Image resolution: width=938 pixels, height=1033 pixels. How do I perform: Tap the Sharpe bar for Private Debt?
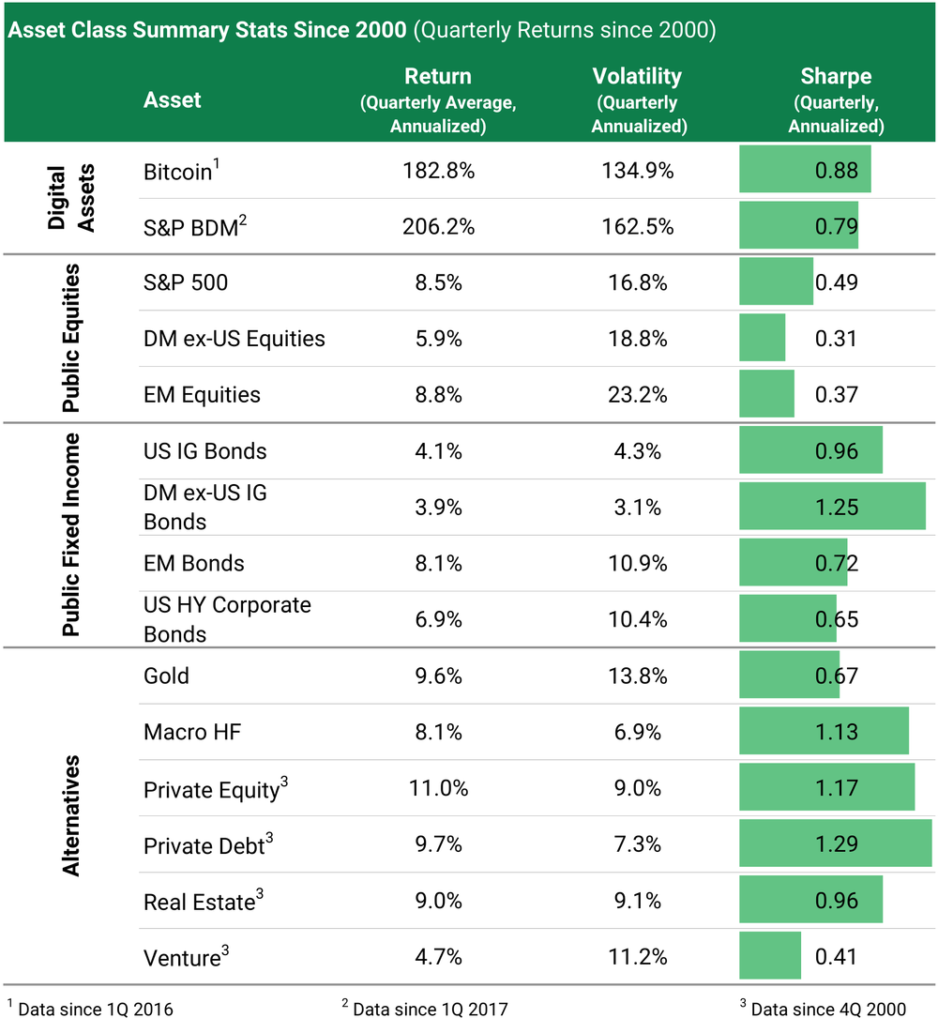click(x=835, y=843)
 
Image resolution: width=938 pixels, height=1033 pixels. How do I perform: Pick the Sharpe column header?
click(x=836, y=99)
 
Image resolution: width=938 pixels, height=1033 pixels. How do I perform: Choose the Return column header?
click(x=438, y=99)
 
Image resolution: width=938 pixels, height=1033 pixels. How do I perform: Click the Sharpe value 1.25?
click(x=836, y=508)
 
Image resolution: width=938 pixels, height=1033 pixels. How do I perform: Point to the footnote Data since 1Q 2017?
click(x=426, y=1010)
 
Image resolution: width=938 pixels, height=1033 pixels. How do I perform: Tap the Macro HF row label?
click(x=192, y=732)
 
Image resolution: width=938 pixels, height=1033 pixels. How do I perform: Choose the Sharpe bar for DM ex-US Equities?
click(x=763, y=338)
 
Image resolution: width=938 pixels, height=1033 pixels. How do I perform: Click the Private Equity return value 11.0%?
click(x=438, y=788)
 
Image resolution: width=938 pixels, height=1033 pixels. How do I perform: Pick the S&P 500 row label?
click(x=186, y=282)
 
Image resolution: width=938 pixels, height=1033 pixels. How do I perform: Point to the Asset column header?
click(x=173, y=99)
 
